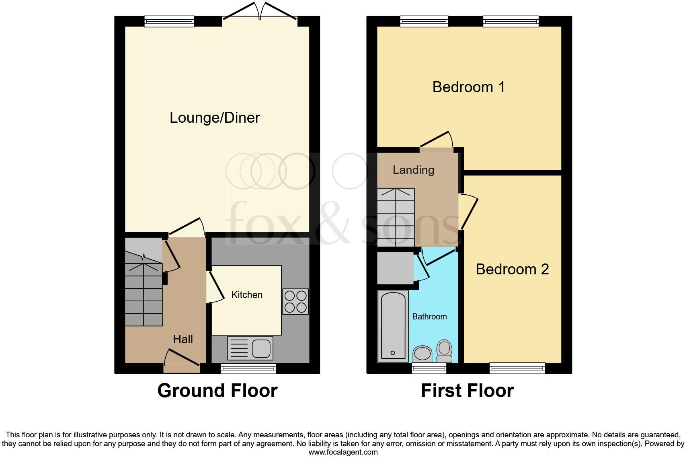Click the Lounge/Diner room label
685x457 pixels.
215,117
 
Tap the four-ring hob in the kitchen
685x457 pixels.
295,301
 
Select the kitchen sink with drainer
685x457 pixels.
250,348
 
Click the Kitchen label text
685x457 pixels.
247,295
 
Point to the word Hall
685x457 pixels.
183,339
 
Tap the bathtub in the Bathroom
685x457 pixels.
392,325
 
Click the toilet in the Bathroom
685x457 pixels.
444,352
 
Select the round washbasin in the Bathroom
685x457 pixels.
422,354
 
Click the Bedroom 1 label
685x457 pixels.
468,87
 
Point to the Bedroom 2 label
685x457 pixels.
512,269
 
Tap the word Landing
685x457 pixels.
413,170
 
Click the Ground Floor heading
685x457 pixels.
217,391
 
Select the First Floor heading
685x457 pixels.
467,391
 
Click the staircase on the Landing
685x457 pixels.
396,217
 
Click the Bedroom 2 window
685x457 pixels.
517,368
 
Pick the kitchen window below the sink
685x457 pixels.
248,368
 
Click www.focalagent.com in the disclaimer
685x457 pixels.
343,452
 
